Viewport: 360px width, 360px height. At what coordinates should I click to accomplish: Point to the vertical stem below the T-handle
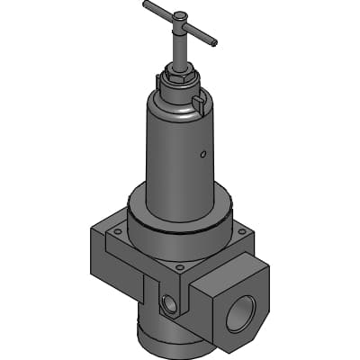[180, 49]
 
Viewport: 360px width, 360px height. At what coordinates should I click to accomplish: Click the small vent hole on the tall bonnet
[203, 154]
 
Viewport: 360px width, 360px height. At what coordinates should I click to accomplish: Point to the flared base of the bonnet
[175, 202]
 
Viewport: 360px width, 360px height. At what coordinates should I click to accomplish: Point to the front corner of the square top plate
[181, 270]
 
